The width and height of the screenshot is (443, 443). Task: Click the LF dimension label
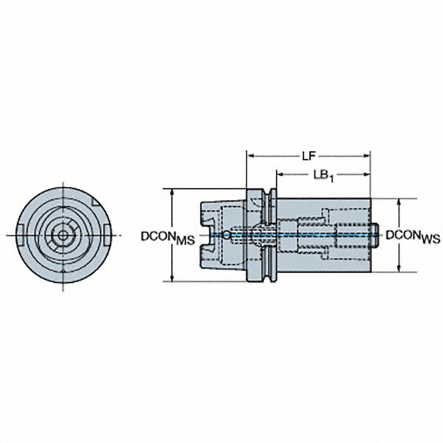(309, 156)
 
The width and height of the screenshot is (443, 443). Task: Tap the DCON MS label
(168, 237)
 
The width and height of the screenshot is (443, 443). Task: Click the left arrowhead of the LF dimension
(250, 156)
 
